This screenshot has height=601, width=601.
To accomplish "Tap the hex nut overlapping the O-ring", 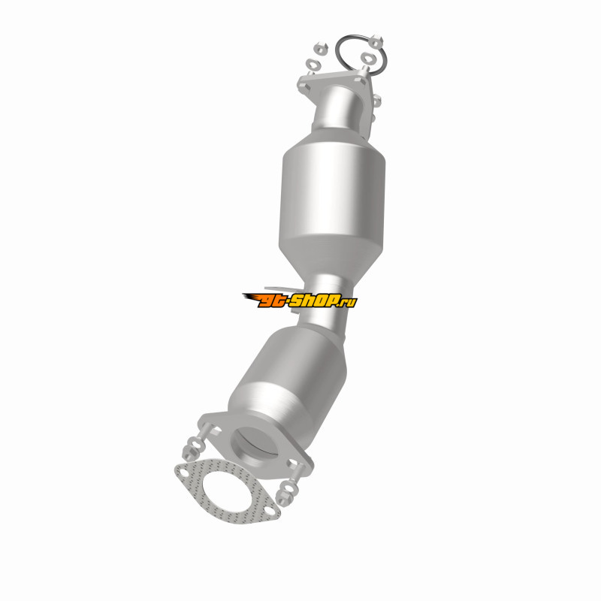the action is [x=376, y=41].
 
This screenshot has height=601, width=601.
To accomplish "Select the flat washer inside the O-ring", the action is [x=367, y=59].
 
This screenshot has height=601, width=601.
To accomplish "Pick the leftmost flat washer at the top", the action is [x=313, y=64].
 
